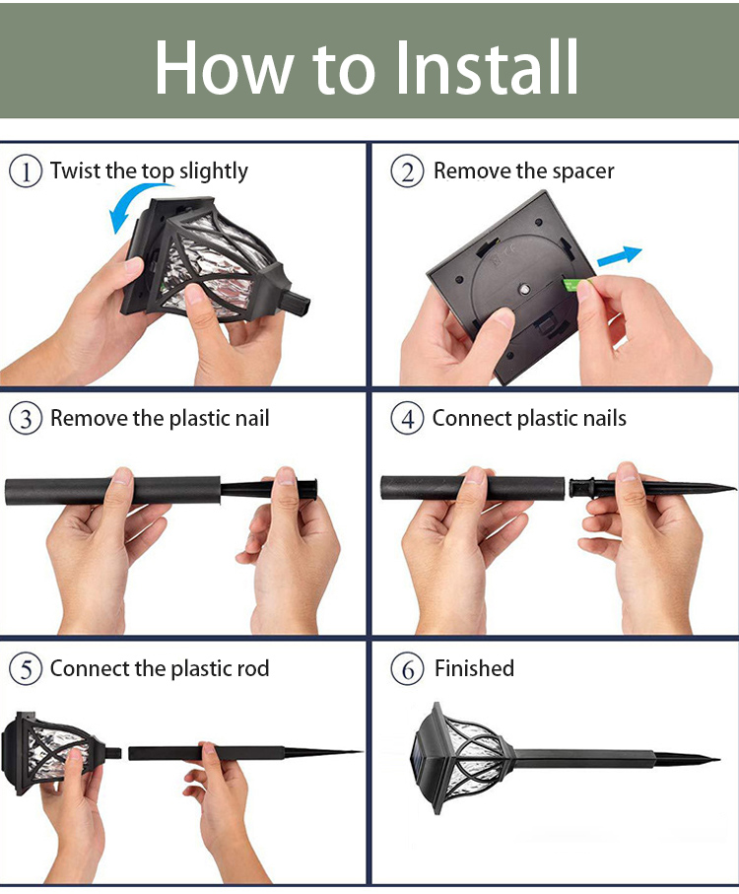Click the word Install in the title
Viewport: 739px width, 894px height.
[x=487, y=67]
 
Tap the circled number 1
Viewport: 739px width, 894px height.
[x=26, y=172]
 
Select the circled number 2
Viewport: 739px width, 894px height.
[x=407, y=172]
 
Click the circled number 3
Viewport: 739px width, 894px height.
[x=26, y=419]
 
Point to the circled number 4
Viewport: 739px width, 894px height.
[x=407, y=419]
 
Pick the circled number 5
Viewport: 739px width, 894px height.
[x=26, y=668]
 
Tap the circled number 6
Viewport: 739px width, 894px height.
[x=407, y=668]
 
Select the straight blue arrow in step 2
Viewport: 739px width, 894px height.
[x=620, y=256]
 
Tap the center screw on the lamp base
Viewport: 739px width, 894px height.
[x=523, y=290]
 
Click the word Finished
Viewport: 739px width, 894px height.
[x=474, y=668]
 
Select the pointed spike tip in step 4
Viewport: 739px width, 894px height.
[x=734, y=488]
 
